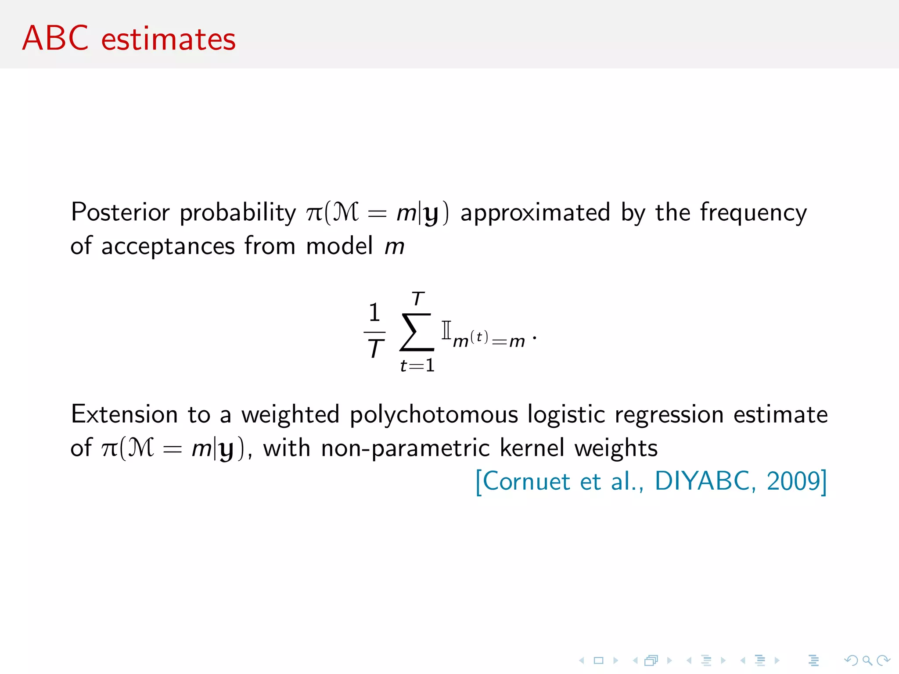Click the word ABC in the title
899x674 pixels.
click(x=55, y=38)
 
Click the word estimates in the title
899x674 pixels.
click(x=169, y=39)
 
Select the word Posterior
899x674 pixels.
click(x=120, y=212)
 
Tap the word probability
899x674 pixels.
click(x=238, y=213)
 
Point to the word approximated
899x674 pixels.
click(x=535, y=213)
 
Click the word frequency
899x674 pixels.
click(x=753, y=213)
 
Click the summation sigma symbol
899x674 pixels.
click(x=417, y=332)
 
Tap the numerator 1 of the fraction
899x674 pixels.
click(x=374, y=313)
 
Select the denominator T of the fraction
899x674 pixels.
click(x=375, y=349)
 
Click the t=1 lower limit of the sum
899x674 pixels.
click(x=417, y=366)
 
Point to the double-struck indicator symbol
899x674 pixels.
click(x=446, y=330)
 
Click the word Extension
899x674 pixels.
click(x=124, y=414)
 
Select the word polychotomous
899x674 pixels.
click(x=434, y=415)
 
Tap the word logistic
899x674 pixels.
click(x=566, y=415)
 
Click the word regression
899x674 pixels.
click(x=669, y=415)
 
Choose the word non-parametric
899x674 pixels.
click(x=405, y=448)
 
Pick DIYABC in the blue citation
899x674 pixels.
click(x=705, y=481)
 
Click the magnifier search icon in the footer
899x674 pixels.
click(x=867, y=660)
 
